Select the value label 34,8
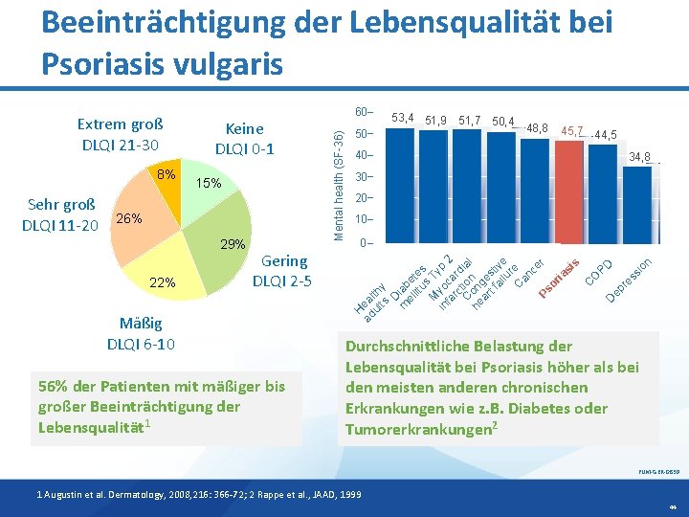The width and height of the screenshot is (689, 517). [x=640, y=157]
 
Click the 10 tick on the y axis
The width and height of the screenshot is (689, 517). [x=363, y=220]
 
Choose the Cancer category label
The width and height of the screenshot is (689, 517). [x=529, y=273]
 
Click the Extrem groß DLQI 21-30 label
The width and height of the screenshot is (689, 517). [x=121, y=135]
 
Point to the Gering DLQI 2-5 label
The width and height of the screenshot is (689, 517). [x=284, y=271]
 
